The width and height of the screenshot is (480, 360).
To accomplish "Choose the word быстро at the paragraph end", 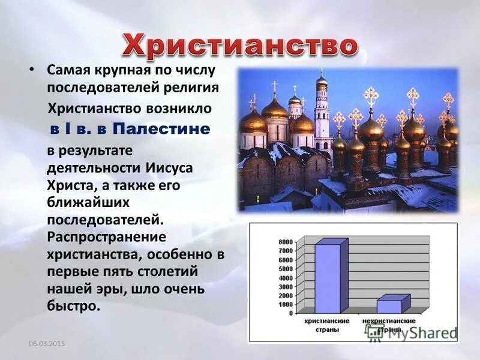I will click(x=71, y=306).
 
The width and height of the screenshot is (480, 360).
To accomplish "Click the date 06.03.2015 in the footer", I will click(x=47, y=343).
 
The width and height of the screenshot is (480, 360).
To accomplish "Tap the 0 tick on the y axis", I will click(x=290, y=313).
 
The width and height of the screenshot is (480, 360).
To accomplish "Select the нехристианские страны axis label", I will click(x=389, y=326).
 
